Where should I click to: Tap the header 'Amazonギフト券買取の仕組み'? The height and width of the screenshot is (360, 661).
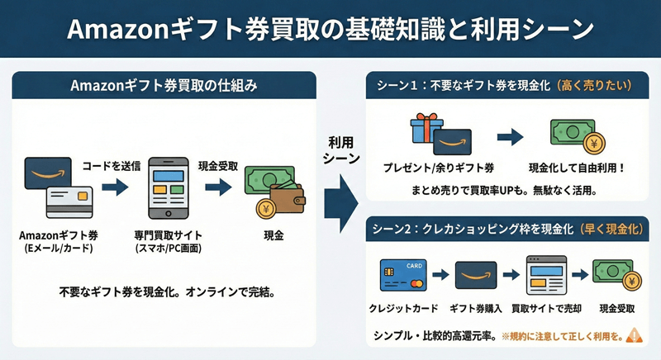click(165, 85)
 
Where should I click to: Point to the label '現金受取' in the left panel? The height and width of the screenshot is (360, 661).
click(218, 166)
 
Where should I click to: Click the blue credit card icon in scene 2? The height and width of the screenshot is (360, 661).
click(400, 275)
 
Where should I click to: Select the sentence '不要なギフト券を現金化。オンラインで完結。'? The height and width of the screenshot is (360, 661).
click(167, 291)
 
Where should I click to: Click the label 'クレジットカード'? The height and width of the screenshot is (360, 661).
click(402, 308)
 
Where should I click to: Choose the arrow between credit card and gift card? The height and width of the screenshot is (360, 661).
click(440, 275)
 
